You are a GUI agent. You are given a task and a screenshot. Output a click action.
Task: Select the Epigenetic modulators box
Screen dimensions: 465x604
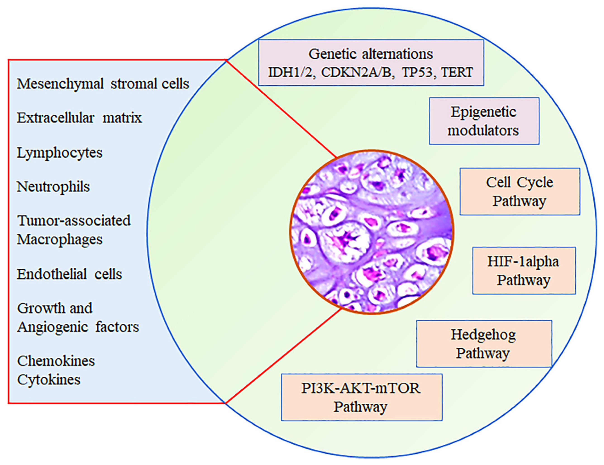pos(484,121)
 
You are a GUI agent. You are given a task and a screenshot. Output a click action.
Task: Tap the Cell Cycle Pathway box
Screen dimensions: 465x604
pos(519,192)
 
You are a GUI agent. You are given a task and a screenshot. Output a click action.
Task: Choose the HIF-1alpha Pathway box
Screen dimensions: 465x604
pos(524,270)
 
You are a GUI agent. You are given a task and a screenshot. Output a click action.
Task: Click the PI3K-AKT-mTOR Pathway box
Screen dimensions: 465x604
pos(361,397)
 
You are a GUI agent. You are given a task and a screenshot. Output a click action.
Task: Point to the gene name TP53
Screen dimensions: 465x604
pos(417,72)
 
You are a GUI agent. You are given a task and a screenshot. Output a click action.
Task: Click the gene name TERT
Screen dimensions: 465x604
pos(457,72)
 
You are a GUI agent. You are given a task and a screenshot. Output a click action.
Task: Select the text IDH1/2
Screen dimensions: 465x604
pos(292,72)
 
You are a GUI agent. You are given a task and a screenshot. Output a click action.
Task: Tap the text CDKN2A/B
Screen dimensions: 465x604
pos(358,72)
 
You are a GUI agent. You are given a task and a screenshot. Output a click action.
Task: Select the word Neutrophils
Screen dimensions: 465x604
pos(53,187)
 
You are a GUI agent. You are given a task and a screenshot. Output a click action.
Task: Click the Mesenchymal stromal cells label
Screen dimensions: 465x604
pos(103,84)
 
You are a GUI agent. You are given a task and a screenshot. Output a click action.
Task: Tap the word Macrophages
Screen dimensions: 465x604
pos(60,240)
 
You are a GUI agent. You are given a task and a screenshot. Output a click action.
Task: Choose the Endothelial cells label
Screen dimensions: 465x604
pos(69,274)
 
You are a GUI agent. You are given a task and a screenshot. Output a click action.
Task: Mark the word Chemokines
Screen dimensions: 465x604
pos(56,361)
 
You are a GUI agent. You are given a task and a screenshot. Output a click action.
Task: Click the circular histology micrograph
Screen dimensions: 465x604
pos(371,232)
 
